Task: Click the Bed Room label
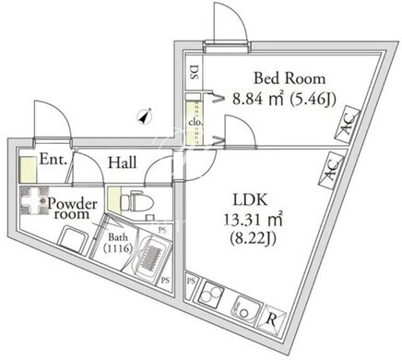click(x=290, y=78)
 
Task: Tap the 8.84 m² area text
click(x=257, y=99)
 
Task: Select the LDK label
click(x=250, y=200)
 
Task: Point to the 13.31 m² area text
click(x=253, y=220)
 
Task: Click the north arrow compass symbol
click(x=145, y=116)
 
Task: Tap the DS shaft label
click(x=194, y=73)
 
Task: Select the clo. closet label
click(x=195, y=122)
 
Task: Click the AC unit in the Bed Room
click(x=348, y=125)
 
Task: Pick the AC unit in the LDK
click(x=331, y=170)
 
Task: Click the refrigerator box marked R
click(x=272, y=319)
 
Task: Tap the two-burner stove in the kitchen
click(x=210, y=294)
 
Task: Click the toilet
click(x=136, y=202)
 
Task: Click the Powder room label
click(x=73, y=209)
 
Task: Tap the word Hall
click(x=123, y=162)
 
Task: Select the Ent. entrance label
click(x=53, y=160)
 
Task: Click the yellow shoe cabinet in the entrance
click(x=29, y=169)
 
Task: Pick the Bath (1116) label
click(x=118, y=243)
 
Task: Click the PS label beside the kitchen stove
click(x=191, y=281)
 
